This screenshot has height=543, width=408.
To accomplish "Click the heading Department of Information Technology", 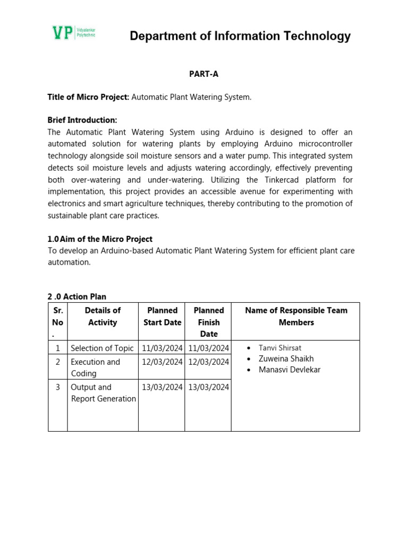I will click(x=240, y=36).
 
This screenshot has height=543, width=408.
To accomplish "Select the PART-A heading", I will click(x=203, y=74).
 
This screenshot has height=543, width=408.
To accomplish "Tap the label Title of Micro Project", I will click(x=88, y=97).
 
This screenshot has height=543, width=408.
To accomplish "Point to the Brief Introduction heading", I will click(x=82, y=120).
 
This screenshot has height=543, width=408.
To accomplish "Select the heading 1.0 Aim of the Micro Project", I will click(x=100, y=239).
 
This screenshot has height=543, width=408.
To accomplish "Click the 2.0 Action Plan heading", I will click(x=77, y=296).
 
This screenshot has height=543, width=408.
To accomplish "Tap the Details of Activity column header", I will click(x=103, y=316).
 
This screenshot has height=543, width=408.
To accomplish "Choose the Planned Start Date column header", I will click(x=162, y=316).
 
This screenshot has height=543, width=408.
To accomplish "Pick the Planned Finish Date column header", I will click(x=209, y=322).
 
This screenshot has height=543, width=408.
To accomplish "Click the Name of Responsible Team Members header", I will click(x=296, y=316).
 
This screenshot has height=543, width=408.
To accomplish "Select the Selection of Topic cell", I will click(x=102, y=348).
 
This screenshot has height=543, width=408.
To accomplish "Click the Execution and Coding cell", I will click(x=96, y=367).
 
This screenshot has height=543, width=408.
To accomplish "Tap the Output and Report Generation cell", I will click(x=103, y=393).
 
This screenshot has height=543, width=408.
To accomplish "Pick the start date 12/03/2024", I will click(x=162, y=362).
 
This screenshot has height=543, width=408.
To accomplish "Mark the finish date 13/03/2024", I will click(x=209, y=387).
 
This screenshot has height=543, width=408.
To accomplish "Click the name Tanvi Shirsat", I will click(x=280, y=348).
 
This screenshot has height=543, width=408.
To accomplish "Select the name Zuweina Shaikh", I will click(x=286, y=358).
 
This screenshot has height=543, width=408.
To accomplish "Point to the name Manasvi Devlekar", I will click(x=290, y=370).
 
